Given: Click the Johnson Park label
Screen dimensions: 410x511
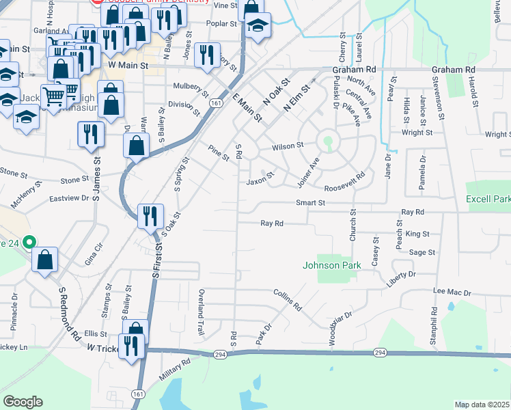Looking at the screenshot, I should point(331,264).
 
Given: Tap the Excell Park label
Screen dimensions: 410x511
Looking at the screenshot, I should point(488,200).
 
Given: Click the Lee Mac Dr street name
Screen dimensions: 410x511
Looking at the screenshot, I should point(452,292).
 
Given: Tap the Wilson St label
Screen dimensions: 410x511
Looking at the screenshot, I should point(287,146).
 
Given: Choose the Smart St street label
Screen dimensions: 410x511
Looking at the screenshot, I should point(309,203).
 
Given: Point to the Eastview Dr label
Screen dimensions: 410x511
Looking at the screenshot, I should point(71,198).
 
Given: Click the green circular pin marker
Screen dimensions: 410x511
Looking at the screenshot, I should point(29,242).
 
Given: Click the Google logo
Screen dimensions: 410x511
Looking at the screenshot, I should point(23,402).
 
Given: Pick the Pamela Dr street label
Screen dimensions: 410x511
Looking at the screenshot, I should point(423,173).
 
